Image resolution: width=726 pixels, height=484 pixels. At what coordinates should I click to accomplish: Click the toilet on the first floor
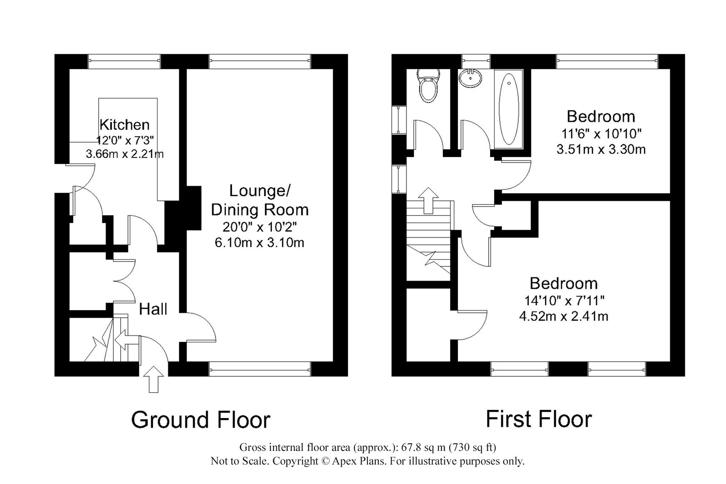tap(428, 85)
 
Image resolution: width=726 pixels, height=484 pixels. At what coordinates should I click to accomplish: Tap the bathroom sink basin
tap(470, 79)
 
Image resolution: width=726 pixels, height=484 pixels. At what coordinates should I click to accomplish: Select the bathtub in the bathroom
tap(509, 109)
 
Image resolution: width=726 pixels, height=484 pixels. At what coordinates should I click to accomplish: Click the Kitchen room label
tap(124, 124)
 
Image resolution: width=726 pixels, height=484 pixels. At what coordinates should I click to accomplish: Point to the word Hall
tap(153, 309)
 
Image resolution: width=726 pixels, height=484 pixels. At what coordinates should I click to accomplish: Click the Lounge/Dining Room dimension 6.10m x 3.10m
tap(260, 242)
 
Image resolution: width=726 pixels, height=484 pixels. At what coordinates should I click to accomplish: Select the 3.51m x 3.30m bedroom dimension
tap(601, 149)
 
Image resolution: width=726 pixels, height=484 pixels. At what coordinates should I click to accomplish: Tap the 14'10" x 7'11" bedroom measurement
tap(564, 301)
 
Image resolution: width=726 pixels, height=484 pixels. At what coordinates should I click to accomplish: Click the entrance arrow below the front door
tap(153, 379)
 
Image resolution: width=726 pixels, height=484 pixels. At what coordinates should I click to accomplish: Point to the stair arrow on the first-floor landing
tap(428, 201)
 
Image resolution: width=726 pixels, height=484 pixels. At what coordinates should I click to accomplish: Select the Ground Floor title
tap(201, 420)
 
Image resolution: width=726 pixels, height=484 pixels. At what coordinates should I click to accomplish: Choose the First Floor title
tap(539, 419)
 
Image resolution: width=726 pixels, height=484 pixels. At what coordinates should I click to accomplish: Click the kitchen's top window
tap(124, 61)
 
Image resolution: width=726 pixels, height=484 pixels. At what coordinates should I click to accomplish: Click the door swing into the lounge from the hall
tap(201, 327)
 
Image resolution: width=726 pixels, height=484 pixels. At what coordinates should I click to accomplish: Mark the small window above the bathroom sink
tap(476, 61)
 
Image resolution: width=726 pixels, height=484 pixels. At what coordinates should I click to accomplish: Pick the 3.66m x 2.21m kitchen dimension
tap(124, 153)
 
